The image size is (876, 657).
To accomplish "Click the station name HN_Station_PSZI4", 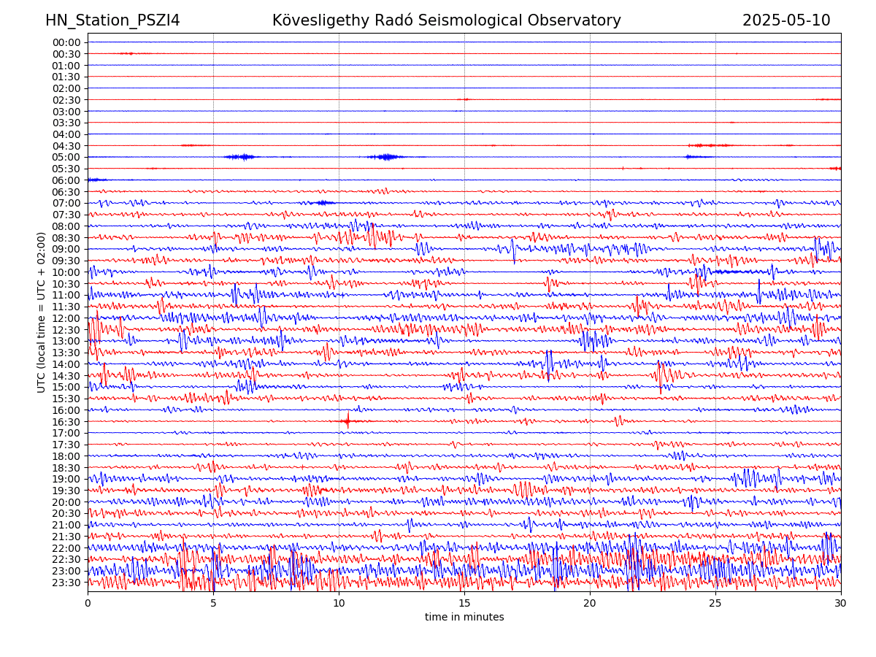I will coord(112,20).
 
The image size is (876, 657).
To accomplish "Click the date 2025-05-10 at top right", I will coord(786,20).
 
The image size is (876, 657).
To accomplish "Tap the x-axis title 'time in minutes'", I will coord(464,617).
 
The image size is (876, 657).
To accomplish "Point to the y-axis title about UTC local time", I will coord(42,312).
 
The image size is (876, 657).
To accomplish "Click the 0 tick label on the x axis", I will coord(88,604).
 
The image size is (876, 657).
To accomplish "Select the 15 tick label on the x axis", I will coord(464,604).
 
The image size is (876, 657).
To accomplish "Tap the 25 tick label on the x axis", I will coord(715,604).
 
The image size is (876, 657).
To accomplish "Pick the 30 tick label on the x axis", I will coord(841,604).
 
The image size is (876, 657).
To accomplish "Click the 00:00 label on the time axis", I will coord(66,42).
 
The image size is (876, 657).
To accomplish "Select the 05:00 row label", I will coord(66,157).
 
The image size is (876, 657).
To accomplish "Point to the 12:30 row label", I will coord(66,330).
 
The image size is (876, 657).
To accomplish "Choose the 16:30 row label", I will coord(66,422).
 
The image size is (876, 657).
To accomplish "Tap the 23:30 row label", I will coord(66,583).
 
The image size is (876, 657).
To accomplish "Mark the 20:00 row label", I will coord(66,502).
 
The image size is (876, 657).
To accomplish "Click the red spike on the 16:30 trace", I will coord(347,421).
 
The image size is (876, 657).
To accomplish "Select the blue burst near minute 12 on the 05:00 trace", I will coord(385,157).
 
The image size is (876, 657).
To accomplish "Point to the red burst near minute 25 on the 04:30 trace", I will coord(710,145).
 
